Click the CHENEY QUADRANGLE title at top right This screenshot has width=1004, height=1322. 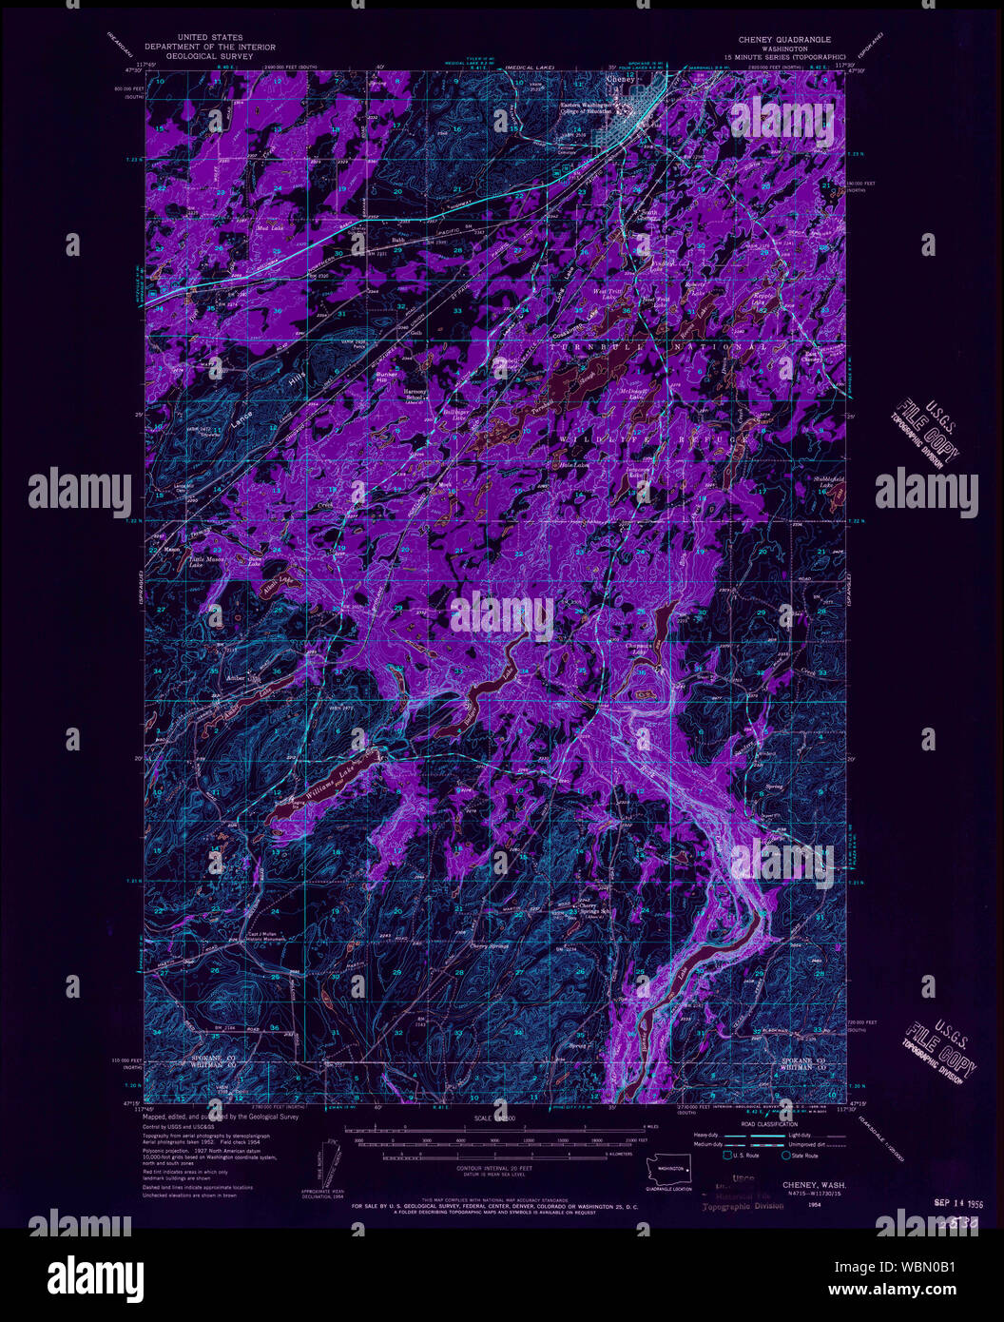(x=783, y=40)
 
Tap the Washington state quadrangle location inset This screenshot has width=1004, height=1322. (x=672, y=1168)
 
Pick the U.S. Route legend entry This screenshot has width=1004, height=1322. (x=743, y=1156)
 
